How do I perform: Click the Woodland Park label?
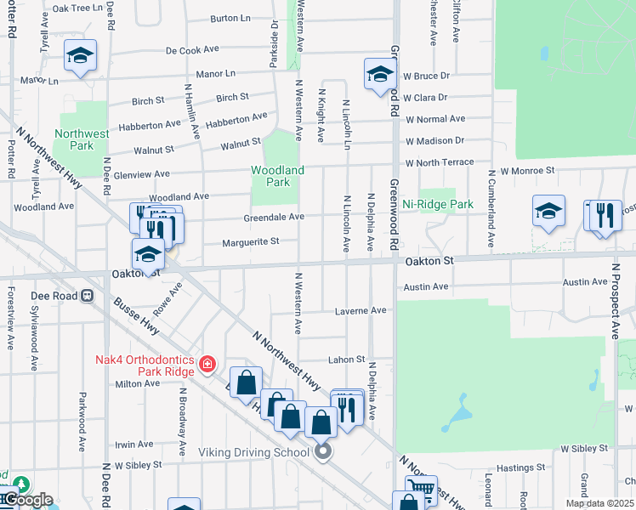[x=277, y=176]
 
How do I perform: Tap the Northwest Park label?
[x=82, y=139]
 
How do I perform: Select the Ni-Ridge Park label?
[x=438, y=205]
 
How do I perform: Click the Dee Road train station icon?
[x=86, y=296]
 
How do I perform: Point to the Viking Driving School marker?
[x=322, y=451]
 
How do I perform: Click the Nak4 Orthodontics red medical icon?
[x=206, y=365]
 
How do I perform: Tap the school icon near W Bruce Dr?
[x=380, y=73]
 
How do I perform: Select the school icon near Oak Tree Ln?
[x=80, y=55]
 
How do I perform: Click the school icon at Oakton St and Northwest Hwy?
[x=148, y=254]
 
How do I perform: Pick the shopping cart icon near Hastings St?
[x=421, y=488]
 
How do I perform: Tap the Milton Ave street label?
[x=138, y=383]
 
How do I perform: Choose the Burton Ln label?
[x=230, y=18]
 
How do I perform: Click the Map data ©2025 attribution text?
[x=599, y=503]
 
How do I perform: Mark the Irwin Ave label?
[x=134, y=445]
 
